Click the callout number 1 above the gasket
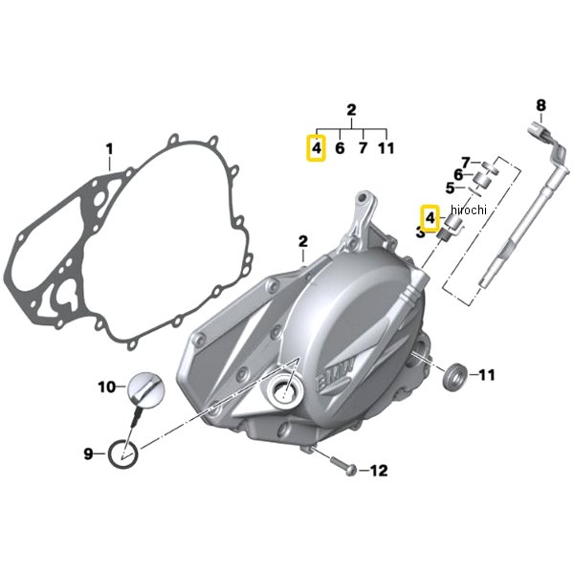[x=109, y=149]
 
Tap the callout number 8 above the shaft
[x=541, y=105]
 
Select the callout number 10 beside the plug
[x=107, y=386]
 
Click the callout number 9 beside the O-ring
[x=88, y=453]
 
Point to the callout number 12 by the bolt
[x=379, y=471]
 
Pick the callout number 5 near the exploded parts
[x=450, y=188]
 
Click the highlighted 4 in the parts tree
[x=317, y=148]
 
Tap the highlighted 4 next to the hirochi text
[x=430, y=218]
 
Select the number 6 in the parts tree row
[x=340, y=148]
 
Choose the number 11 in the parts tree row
[x=386, y=148]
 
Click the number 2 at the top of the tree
[x=351, y=110]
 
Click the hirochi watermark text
[x=469, y=210]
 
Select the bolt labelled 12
[x=344, y=465]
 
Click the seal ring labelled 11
[x=454, y=376]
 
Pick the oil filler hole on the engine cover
[x=286, y=391]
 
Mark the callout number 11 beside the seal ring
[x=487, y=375]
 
